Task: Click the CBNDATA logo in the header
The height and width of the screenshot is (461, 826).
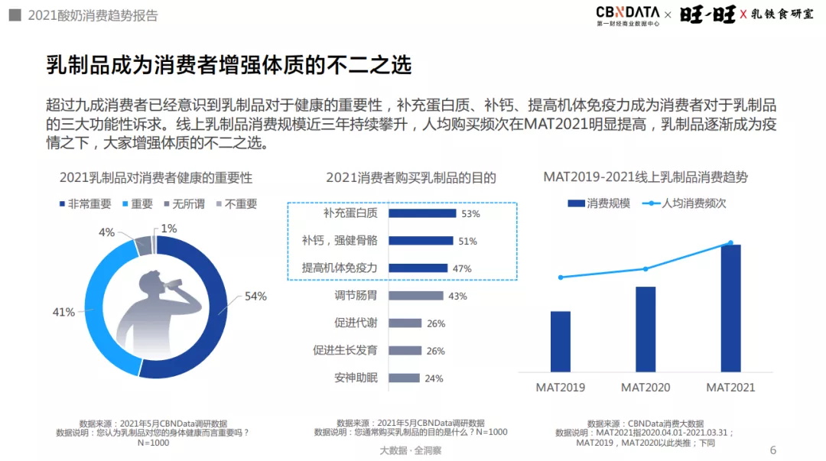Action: (x=626, y=15)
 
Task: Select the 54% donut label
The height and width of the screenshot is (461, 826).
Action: (x=255, y=297)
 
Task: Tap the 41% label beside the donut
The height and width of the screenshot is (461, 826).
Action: (x=64, y=312)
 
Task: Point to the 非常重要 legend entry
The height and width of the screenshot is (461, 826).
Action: (x=85, y=204)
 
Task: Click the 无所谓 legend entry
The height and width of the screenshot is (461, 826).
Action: (x=181, y=204)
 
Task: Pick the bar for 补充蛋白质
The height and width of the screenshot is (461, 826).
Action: (x=422, y=213)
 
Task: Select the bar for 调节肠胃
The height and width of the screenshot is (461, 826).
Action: (x=415, y=296)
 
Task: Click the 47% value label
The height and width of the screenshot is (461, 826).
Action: (x=462, y=268)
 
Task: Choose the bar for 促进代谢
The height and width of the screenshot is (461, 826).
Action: (x=405, y=323)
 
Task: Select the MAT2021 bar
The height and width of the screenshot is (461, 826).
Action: (x=730, y=307)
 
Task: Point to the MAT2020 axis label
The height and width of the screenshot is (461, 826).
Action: (x=645, y=387)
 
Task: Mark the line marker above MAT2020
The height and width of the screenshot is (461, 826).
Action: (x=646, y=269)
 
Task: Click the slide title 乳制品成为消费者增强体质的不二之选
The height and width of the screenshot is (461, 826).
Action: (x=229, y=65)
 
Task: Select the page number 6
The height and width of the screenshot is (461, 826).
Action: (x=772, y=450)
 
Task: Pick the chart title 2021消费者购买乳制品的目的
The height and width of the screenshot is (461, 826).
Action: (x=411, y=178)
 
